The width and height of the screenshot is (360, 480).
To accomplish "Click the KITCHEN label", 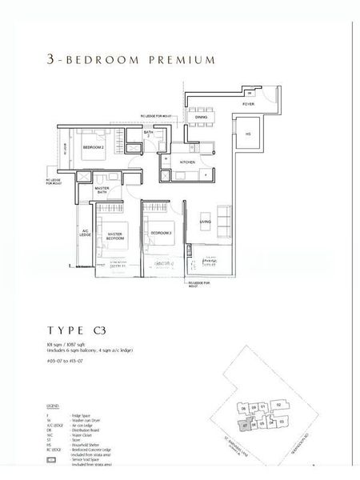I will click(187, 162).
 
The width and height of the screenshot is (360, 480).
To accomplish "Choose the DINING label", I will click(201, 116).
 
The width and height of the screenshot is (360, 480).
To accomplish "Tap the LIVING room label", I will click(205, 222).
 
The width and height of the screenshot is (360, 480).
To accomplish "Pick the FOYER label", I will click(248, 104).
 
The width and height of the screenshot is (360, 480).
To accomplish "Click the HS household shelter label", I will click(248, 134).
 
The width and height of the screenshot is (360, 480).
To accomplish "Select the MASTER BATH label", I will click(102, 190).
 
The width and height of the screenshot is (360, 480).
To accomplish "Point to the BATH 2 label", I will click(149, 134).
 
